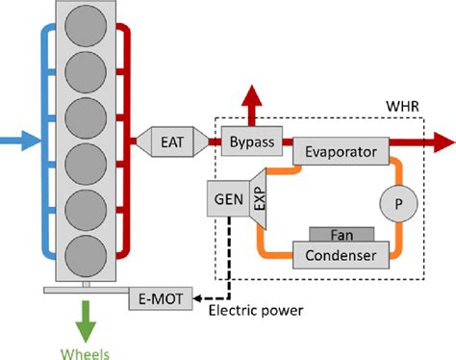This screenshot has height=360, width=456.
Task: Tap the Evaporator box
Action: tap(339, 151)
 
